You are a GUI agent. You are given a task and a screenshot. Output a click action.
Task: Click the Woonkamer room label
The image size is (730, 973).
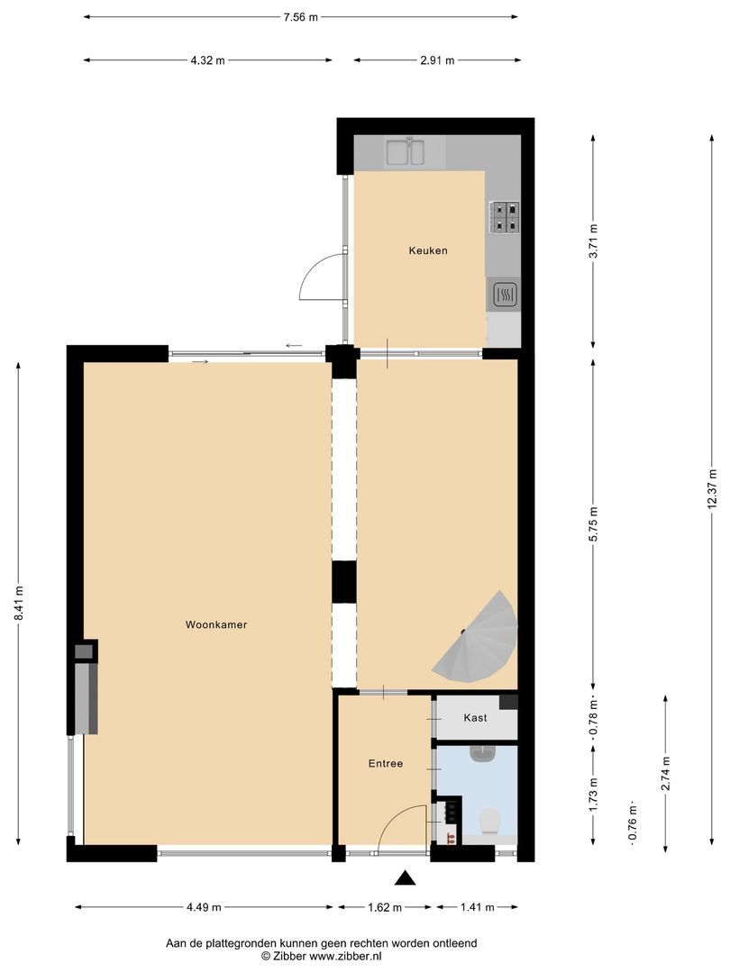pos(216,624)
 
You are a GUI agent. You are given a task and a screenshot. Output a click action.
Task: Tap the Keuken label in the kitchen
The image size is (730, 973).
pos(428,250)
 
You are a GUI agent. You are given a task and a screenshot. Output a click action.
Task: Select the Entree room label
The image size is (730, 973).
pos(385,763)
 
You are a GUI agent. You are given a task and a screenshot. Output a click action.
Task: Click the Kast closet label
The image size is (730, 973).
pos(475,718)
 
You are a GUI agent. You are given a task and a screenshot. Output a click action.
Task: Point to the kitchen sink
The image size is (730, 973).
pos(406,151)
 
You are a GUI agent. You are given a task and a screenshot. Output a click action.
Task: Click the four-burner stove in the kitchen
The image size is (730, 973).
pos(505,217)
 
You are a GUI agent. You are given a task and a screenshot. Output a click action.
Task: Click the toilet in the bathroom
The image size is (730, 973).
pos(490,821)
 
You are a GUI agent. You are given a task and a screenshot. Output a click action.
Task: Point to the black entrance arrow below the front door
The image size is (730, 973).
pos(406,878)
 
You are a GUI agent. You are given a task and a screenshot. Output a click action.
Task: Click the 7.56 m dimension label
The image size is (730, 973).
pos(301,16)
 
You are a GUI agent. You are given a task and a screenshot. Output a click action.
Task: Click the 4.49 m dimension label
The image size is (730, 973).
pos(203,907)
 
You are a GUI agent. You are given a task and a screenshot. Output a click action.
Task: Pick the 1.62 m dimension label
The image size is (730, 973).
pos(386,907)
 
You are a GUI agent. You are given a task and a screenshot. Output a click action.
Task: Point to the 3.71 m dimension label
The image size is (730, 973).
pos(592,241)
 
